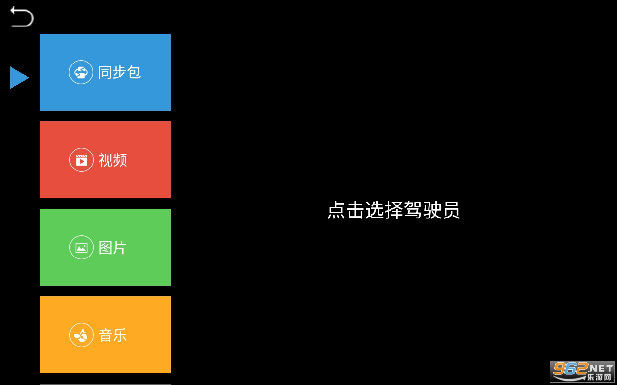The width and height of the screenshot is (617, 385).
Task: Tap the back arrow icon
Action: click(22, 17)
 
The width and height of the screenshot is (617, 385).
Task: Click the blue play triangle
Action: click(19, 77)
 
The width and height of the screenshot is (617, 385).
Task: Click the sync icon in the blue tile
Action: click(81, 72)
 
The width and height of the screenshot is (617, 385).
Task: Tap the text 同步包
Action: click(120, 72)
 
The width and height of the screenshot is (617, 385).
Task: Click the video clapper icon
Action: click(81, 160)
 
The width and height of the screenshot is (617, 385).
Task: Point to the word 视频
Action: click(113, 160)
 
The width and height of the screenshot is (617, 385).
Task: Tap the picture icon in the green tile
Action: click(81, 247)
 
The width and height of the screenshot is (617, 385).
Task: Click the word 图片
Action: click(113, 247)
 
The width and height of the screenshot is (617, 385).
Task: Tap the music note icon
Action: click(81, 335)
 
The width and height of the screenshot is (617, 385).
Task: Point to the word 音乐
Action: click(113, 335)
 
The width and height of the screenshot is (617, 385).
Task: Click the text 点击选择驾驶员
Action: click(393, 210)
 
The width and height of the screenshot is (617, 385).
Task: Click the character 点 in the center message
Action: click(336, 210)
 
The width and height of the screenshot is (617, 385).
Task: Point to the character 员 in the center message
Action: click(451, 210)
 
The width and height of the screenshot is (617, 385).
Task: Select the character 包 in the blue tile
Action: click(134, 72)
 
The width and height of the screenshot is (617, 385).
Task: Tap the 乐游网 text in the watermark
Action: click(599, 377)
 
